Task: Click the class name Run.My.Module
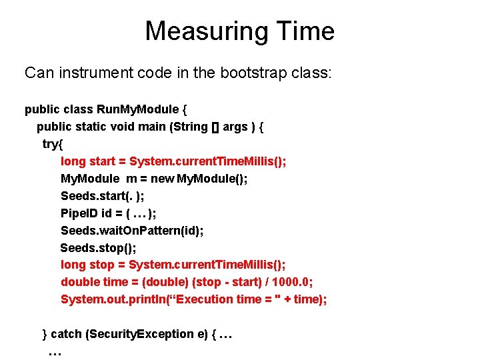[x=138, y=109]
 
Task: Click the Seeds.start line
[x=102, y=196]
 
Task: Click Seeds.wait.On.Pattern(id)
[x=132, y=231]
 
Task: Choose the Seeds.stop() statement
[x=98, y=248]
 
